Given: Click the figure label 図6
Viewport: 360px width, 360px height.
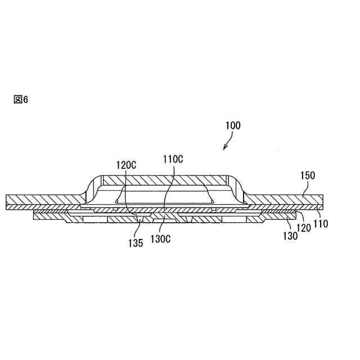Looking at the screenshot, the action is point(20,100).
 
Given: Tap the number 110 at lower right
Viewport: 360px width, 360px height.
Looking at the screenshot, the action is point(321,223).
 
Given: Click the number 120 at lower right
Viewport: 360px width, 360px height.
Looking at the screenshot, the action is point(304,228).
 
